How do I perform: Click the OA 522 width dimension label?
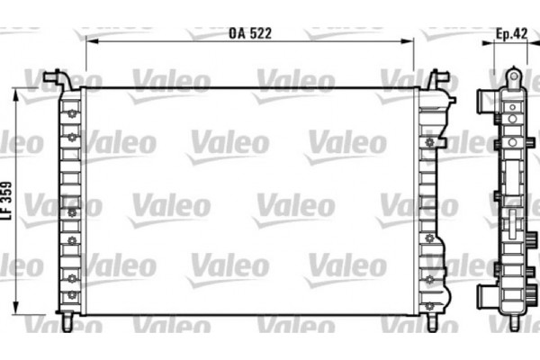click(250, 33)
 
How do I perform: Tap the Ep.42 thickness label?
click(511, 33)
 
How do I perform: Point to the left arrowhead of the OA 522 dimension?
click(90, 41)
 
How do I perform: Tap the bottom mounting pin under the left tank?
click(69, 321)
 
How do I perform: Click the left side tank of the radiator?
click(71, 202)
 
